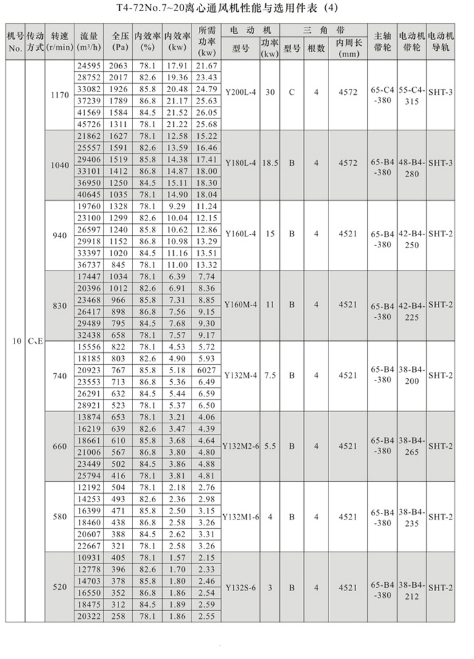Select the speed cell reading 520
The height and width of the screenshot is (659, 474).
point(59,587)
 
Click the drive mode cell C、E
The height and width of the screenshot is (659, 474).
point(36,342)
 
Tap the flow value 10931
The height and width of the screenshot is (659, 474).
point(90,558)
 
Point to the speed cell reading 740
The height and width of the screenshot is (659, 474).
point(59,375)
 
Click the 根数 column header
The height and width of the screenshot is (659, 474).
point(317,48)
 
